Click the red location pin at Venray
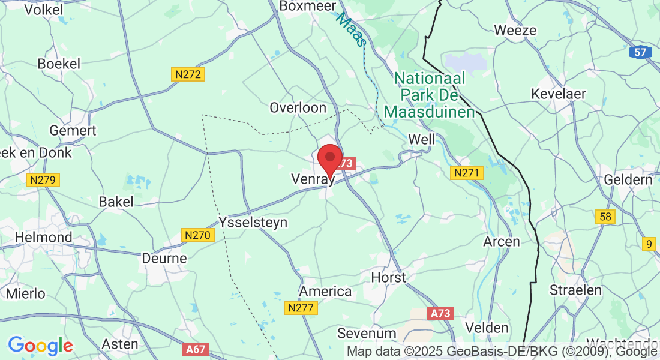329,158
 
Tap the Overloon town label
298,108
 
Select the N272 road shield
188,74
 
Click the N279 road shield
43,179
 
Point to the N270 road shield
197,235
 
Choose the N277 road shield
300,308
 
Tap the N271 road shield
467,173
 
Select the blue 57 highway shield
641,52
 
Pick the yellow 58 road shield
605,217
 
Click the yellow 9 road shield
648,244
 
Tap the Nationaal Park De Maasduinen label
429,95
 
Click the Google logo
40,346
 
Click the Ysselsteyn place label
253,222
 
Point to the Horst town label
389,277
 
